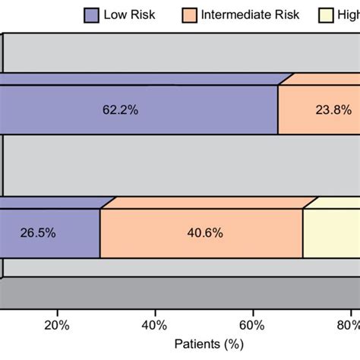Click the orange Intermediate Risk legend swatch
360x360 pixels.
pyautogui.click(x=190, y=14)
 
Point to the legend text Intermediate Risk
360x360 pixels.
pyautogui.click(x=251, y=14)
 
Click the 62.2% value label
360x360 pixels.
pyautogui.click(x=120, y=110)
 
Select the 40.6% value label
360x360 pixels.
pyautogui.click(x=204, y=234)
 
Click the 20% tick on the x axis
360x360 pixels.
pyautogui.click(x=57, y=326)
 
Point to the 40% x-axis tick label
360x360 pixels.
pyautogui.click(x=155, y=326)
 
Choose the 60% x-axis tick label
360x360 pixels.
pyautogui.click(x=252, y=326)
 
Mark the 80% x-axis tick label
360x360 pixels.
pyautogui.click(x=349, y=326)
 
